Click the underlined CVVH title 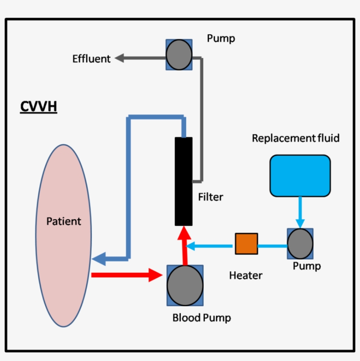pos(39,107)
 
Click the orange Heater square pos(246,244)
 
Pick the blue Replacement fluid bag pos(300,175)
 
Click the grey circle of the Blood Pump pos(185,285)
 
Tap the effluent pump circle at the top pos(179,55)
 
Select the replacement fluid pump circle pos(300,244)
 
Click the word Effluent pos(91,59)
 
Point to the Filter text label pos(210,197)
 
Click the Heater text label pos(245,275)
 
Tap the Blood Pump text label pos(202,318)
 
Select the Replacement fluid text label pos(295,139)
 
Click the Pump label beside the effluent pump pos(221,39)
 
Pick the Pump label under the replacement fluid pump pos(306,266)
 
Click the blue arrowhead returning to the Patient pos(99,259)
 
